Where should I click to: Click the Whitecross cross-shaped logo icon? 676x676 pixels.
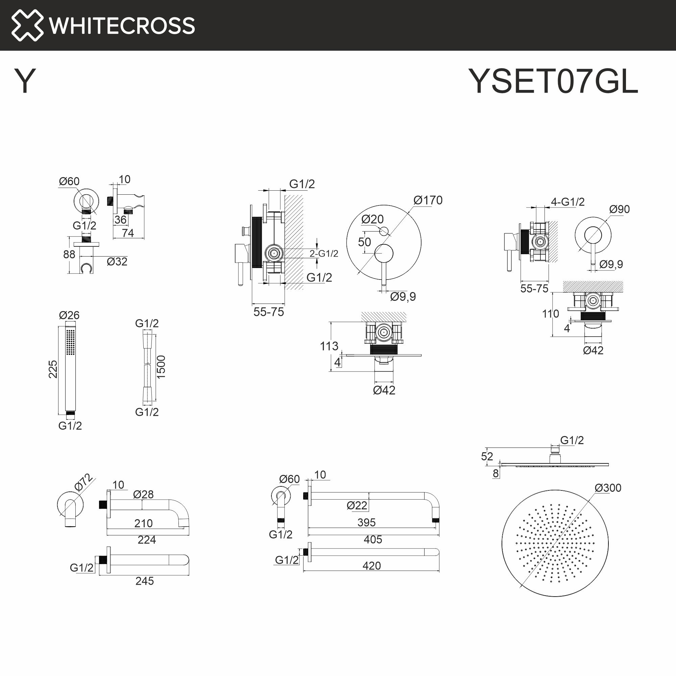pos(27,25)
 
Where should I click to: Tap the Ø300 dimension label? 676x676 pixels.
pos(608,488)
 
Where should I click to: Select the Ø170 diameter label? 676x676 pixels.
pos(428,200)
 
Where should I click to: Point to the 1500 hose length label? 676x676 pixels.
pos(161,367)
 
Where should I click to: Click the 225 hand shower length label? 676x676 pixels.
pos(53,369)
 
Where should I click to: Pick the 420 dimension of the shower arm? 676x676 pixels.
pos(371,566)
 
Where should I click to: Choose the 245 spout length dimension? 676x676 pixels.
pos(145,581)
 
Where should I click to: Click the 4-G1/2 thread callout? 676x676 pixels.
pos(568,202)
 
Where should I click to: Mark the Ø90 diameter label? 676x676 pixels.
pos(619,209)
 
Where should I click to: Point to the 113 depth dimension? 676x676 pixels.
pos(329,346)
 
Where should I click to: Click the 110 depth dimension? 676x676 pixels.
pos(550,314)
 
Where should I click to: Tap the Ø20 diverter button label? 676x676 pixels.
pos(372,219)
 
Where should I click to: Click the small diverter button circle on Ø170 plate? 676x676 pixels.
pos(384,231)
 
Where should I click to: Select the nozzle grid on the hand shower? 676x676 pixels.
pos(70,341)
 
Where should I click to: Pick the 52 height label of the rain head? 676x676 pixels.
pos(487,456)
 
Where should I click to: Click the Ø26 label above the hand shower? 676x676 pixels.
pos(69,315)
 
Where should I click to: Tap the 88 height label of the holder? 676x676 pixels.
pos(69,255)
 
